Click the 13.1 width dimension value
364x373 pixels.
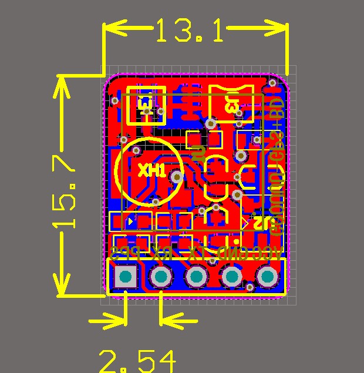click(x=190, y=31)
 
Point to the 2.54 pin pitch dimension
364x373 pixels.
click(x=137, y=361)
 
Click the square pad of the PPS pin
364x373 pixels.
click(x=125, y=277)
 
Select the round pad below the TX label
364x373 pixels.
click(x=196, y=277)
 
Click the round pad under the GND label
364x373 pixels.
click(x=232, y=277)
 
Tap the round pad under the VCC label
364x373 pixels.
click(x=268, y=277)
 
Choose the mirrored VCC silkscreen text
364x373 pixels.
click(x=267, y=254)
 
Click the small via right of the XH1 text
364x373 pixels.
click(x=176, y=176)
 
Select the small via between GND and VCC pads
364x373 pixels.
click(x=250, y=287)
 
